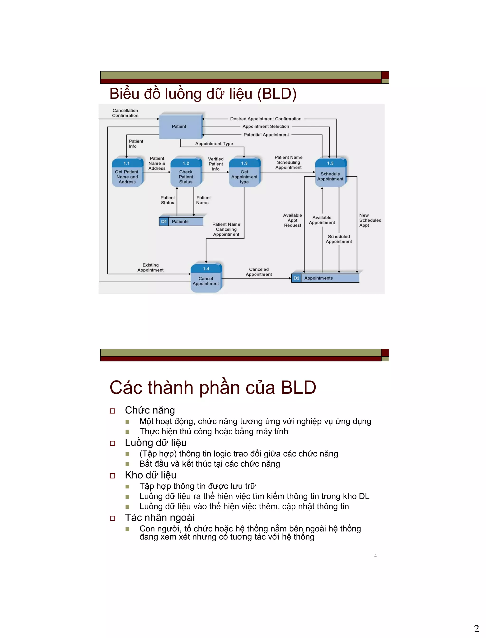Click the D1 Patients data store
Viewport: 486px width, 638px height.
pos(181,222)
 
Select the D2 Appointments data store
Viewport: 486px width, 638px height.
pos(325,278)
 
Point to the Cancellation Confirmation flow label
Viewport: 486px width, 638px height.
pos(125,113)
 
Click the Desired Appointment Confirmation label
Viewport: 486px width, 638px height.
pos(266,119)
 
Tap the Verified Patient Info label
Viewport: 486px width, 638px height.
pos(216,164)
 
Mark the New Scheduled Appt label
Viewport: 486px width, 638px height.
pos(370,220)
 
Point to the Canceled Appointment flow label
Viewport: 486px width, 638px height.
pos(259,272)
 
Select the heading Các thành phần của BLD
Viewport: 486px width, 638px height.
pos(213,387)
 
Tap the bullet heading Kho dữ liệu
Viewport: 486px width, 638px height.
pos(150,475)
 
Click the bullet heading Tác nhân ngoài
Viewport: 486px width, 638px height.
pos(160,518)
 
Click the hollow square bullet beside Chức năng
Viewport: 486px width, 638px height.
pos(112,411)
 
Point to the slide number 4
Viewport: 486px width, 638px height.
pos(375,556)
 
